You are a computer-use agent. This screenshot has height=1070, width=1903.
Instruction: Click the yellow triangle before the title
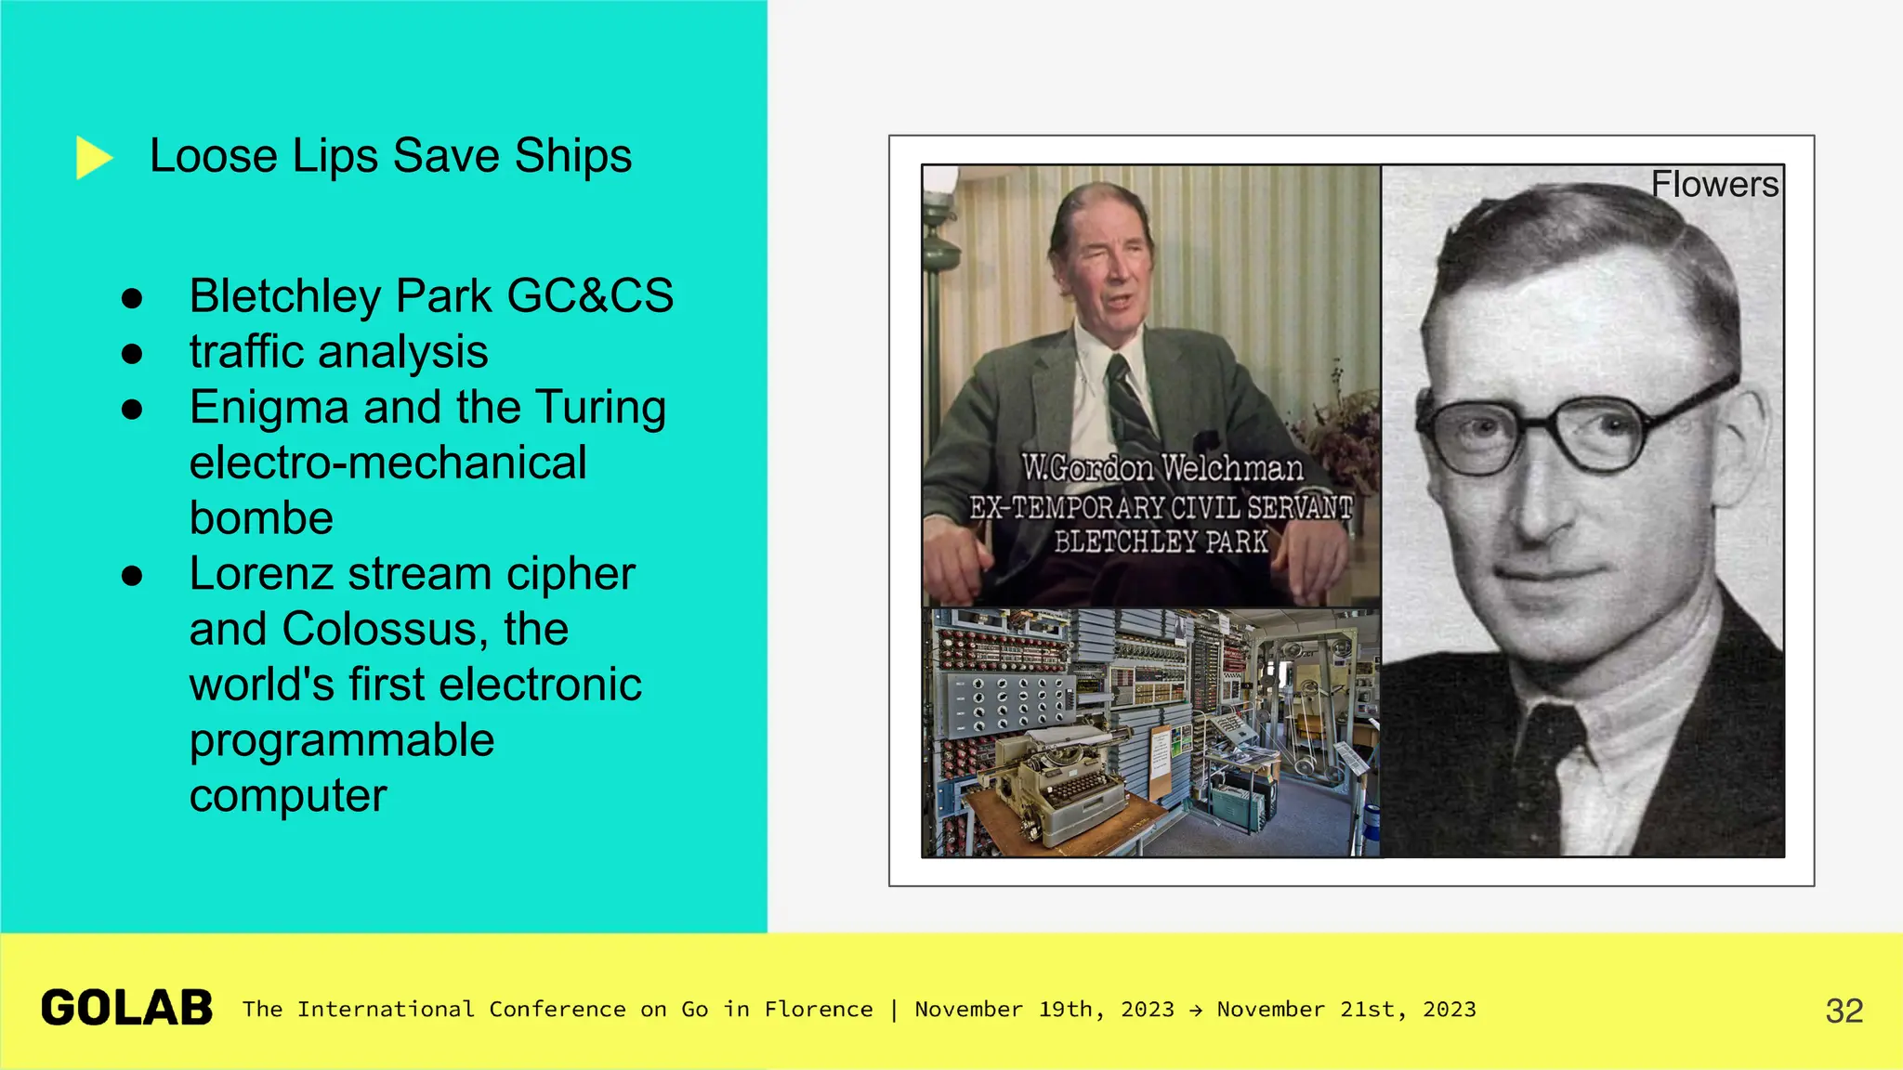coord(92,157)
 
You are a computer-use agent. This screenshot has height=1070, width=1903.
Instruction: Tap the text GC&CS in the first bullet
coord(589,296)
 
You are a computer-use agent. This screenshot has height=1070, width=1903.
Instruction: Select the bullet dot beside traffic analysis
coord(132,353)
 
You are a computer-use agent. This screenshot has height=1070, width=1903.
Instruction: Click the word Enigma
coord(269,408)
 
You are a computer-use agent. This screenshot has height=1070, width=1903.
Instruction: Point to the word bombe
coord(261,518)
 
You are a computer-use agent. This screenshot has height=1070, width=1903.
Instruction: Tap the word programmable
coord(341,740)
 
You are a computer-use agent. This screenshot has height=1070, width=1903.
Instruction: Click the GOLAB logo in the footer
coord(127,1009)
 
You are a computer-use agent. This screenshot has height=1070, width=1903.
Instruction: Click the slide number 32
coord(1844,1011)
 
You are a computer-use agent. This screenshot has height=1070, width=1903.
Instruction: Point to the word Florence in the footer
coord(818,1010)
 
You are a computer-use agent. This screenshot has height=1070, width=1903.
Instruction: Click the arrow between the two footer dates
coord(1195,1011)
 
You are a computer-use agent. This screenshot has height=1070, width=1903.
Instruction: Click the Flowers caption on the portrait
coord(1713,184)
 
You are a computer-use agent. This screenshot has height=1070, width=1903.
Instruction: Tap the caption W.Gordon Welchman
coord(1161,468)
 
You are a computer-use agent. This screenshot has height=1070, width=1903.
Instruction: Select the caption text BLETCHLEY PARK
coord(1161,542)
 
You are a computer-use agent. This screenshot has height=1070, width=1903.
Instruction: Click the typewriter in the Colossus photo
coord(1059,780)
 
